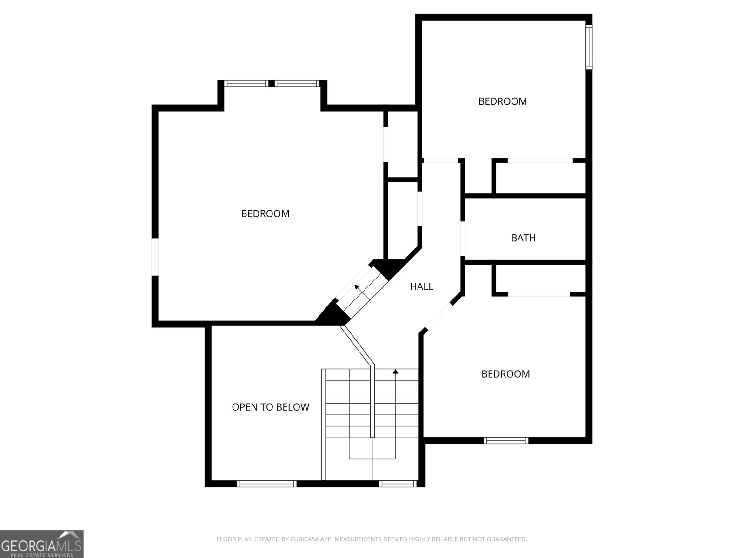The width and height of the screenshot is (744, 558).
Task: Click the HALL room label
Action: pyautogui.click(x=421, y=287)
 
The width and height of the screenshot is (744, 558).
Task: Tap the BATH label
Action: pyautogui.click(x=523, y=238)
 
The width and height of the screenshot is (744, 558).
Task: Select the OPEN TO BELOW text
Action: pyautogui.click(x=270, y=407)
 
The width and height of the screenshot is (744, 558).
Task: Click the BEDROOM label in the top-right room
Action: pyautogui.click(x=503, y=101)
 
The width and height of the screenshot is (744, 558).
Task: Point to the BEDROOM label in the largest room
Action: pyautogui.click(x=265, y=214)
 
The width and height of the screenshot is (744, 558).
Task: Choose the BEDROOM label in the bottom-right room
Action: pyautogui.click(x=505, y=374)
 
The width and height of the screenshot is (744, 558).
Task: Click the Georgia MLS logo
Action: pyautogui.click(x=41, y=544)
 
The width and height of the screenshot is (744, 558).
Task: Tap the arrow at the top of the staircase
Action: pyautogui.click(x=396, y=372)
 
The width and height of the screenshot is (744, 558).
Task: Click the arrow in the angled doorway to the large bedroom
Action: pyautogui.click(x=357, y=288)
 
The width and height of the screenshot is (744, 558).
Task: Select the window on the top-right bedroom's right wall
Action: pyautogui.click(x=589, y=46)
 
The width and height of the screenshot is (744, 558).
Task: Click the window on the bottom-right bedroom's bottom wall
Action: pyautogui.click(x=506, y=440)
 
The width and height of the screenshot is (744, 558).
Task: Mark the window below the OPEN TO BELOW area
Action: pyautogui.click(x=266, y=484)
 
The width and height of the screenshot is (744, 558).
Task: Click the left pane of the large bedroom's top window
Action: pyautogui.click(x=246, y=84)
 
